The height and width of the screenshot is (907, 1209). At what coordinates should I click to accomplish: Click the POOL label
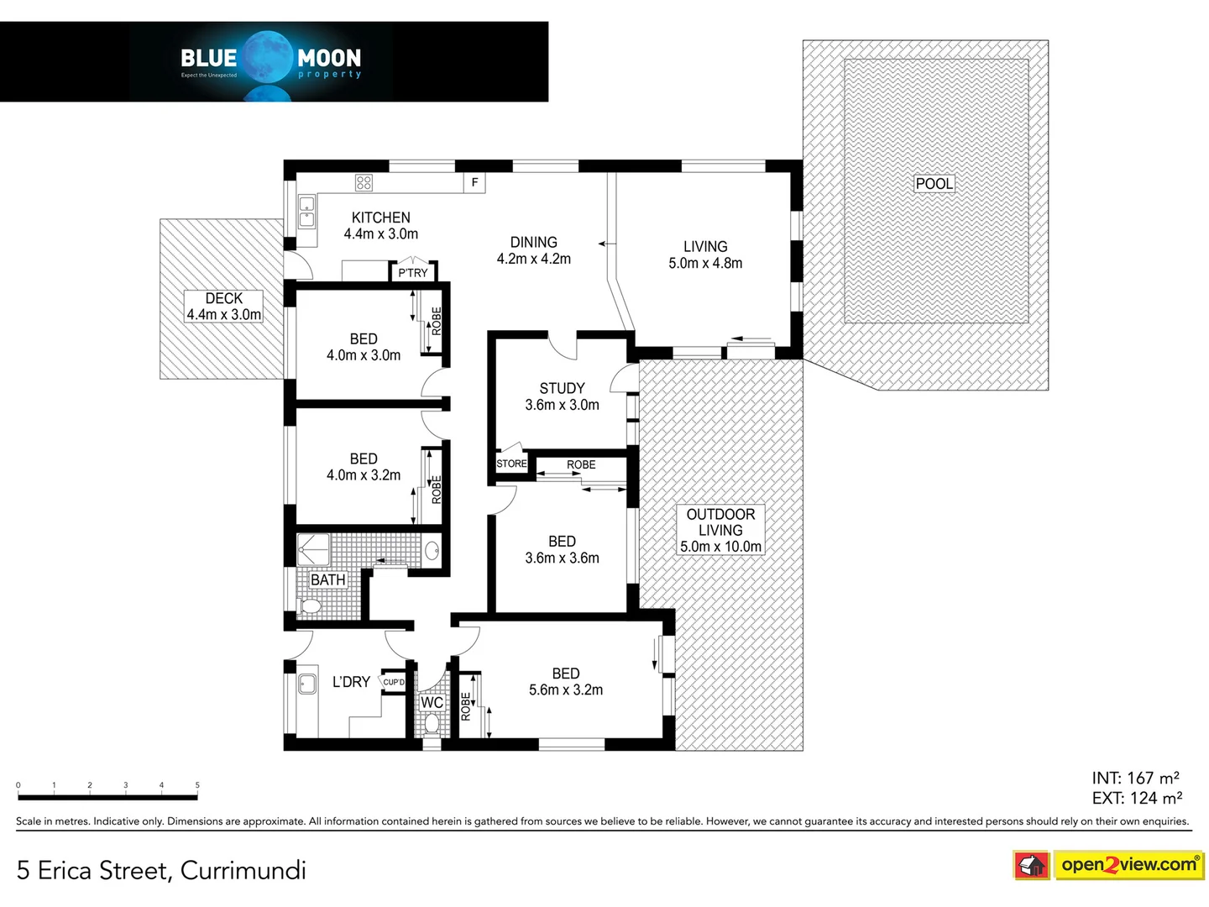pyautogui.click(x=934, y=183)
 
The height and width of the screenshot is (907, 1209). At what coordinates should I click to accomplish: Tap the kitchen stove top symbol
pyautogui.click(x=364, y=182)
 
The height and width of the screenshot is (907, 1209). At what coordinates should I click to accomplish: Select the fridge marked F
pyautogui.click(x=474, y=182)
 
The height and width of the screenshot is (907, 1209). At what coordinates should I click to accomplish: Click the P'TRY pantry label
pyautogui.click(x=412, y=273)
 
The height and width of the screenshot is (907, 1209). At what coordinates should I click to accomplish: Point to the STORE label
pyautogui.click(x=511, y=463)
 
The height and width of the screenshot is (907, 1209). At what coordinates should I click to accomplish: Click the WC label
pyautogui.click(x=432, y=702)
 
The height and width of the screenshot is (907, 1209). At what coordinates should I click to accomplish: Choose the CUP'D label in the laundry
pyautogui.click(x=393, y=682)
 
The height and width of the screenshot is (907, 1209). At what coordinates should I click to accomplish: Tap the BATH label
pyautogui.click(x=327, y=579)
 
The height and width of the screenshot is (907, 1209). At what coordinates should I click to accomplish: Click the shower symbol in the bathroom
pyautogui.click(x=313, y=549)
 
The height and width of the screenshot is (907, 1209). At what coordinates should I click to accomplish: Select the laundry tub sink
pyautogui.click(x=306, y=684)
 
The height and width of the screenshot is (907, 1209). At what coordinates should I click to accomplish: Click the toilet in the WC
pyautogui.click(x=432, y=724)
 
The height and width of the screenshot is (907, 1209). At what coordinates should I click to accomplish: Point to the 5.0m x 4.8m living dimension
pyautogui.click(x=705, y=263)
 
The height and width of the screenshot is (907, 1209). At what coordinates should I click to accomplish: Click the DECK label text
pyautogui.click(x=223, y=298)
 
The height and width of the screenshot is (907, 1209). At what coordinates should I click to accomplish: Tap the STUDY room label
pyautogui.click(x=562, y=388)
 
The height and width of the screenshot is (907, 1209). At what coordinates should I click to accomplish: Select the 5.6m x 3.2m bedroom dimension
pyautogui.click(x=566, y=689)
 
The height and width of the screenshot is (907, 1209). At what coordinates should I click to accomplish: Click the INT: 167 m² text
pyautogui.click(x=1136, y=778)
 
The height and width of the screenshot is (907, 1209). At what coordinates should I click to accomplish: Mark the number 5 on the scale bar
pyautogui.click(x=197, y=784)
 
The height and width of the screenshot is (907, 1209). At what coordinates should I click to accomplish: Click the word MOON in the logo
pyautogui.click(x=329, y=58)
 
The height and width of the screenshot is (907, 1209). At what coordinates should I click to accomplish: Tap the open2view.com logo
pyautogui.click(x=1107, y=865)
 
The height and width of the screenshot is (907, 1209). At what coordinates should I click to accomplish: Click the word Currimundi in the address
pyautogui.click(x=243, y=870)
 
